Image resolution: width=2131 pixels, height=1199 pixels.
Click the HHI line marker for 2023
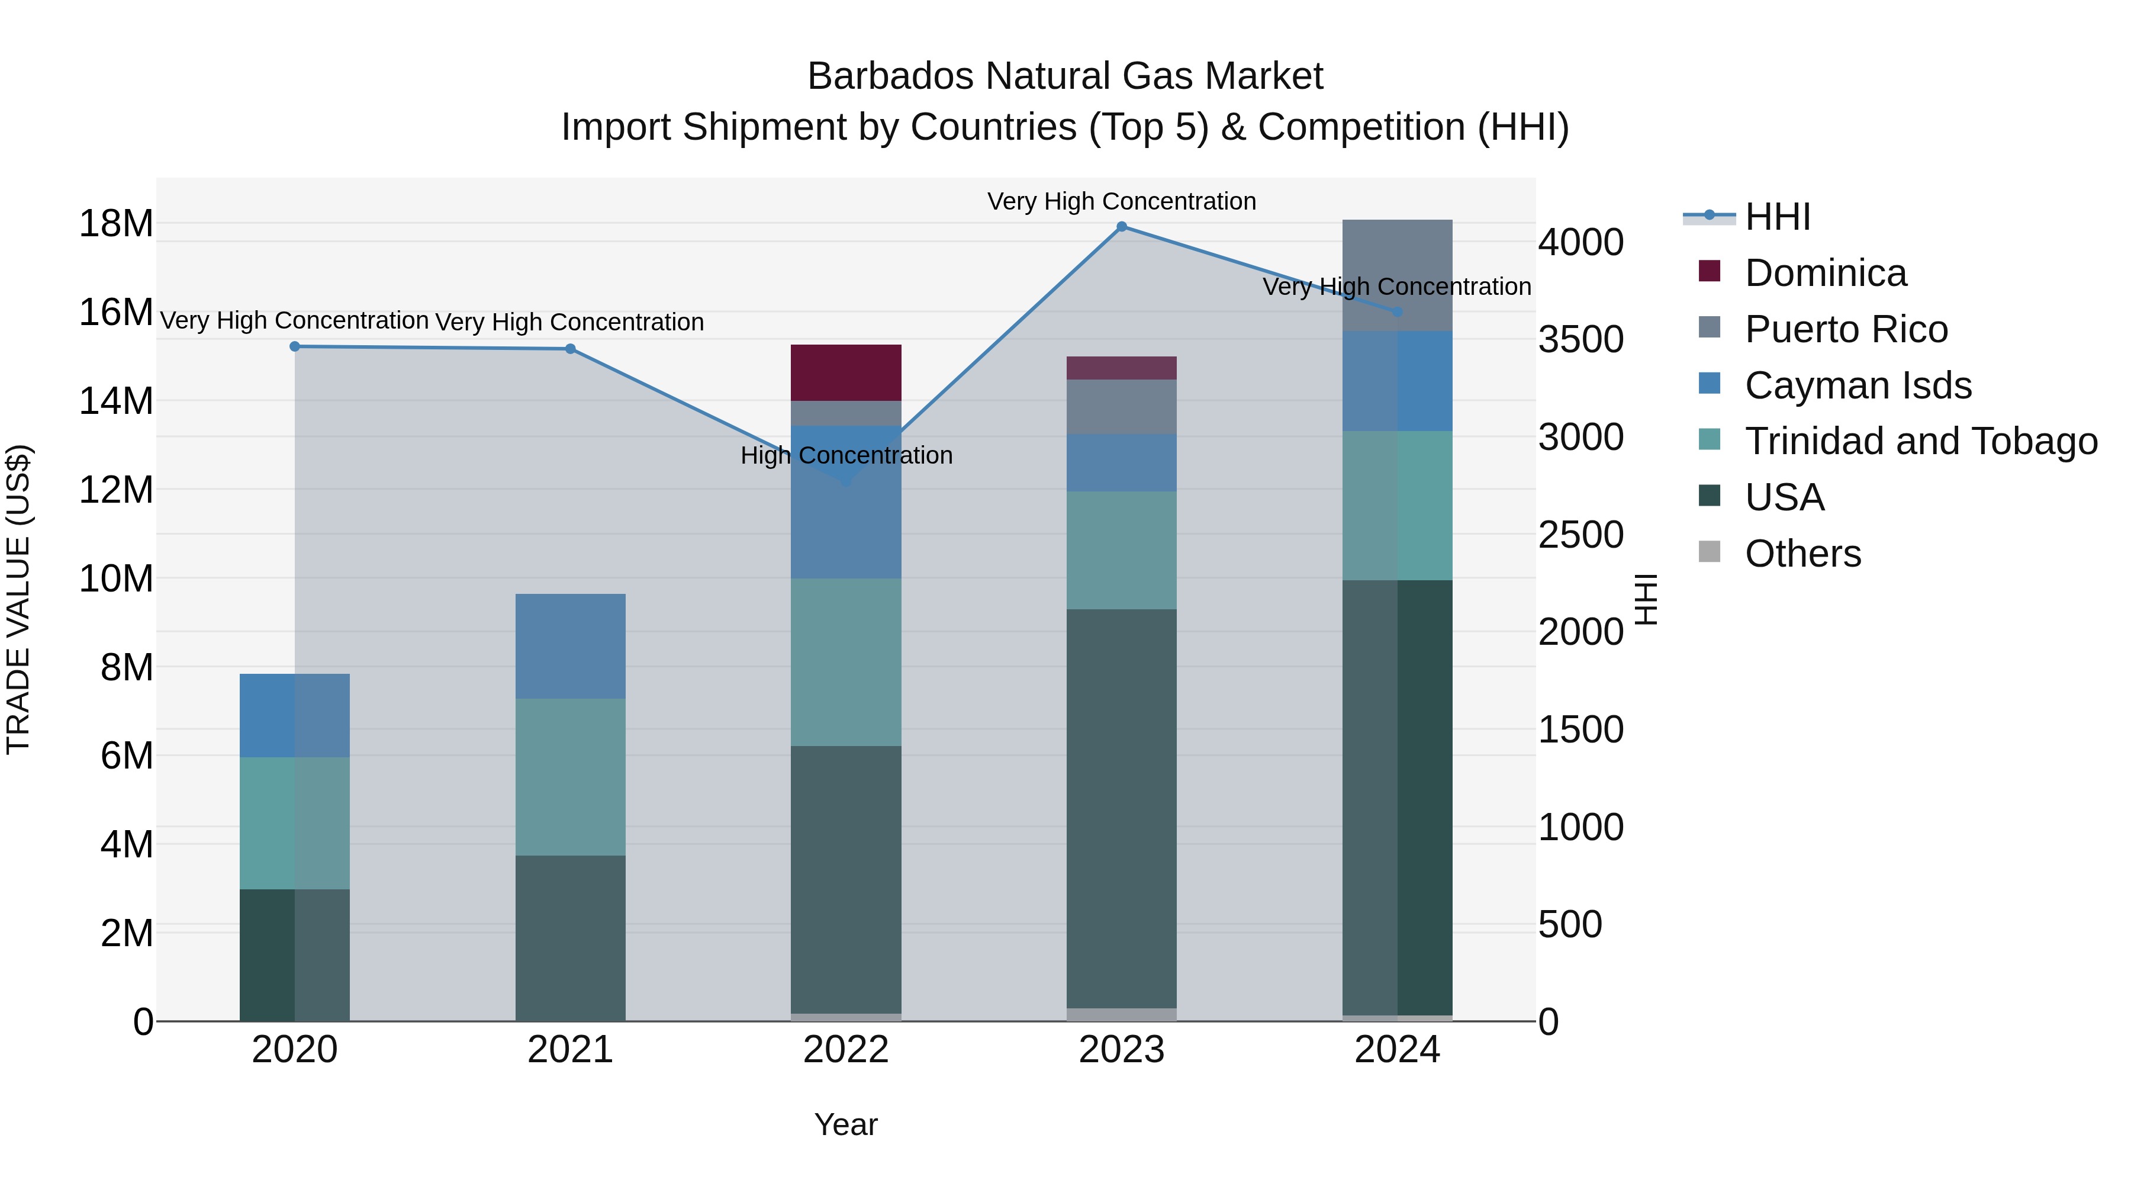click(x=1122, y=227)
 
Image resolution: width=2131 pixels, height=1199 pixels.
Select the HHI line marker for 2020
click(x=295, y=347)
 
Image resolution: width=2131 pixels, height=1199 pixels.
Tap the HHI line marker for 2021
click(x=570, y=349)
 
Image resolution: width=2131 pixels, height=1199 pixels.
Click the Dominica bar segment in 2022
click(x=845, y=372)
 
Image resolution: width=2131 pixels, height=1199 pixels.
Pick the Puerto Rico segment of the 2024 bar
click(x=1397, y=275)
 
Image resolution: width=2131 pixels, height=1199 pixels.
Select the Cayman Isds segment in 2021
click(x=570, y=645)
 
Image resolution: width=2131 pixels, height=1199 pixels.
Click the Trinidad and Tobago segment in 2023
click(x=1121, y=550)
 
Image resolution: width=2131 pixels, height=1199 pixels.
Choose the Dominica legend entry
click(x=1825, y=273)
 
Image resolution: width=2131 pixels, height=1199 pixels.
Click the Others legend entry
click(x=1802, y=554)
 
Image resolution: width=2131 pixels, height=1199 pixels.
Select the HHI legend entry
click(x=1777, y=217)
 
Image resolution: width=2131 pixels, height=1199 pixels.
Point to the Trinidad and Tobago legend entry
click(x=1921, y=441)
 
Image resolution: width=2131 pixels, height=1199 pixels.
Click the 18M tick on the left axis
click(x=116, y=223)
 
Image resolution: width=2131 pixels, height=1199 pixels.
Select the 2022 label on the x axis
click(x=845, y=1050)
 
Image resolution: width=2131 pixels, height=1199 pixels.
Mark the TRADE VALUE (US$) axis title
click(x=18, y=599)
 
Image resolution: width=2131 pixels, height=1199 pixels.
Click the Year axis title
click(x=845, y=1124)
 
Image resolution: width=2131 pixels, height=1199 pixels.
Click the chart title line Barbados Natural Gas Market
click(x=1065, y=76)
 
